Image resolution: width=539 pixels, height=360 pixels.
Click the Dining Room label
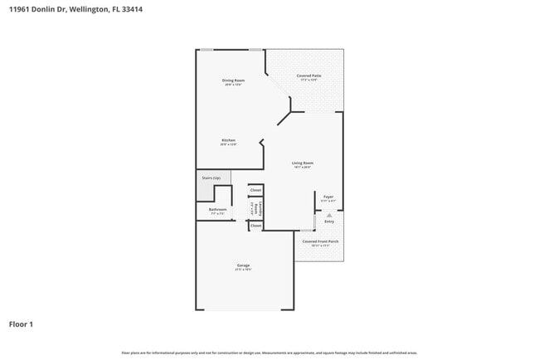233,80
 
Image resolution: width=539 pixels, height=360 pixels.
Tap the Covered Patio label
308,76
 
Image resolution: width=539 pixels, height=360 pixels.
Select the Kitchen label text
229,139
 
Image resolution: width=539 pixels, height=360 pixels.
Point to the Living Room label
302,163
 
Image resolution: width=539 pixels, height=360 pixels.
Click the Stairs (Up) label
211,178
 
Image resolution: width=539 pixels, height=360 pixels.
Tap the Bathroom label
218,210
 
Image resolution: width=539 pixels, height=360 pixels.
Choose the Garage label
243,265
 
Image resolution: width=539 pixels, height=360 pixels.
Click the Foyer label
328,197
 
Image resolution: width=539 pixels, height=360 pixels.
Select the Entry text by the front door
329,221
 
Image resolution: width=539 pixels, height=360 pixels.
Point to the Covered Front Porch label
319,241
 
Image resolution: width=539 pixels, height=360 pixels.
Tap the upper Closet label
255,190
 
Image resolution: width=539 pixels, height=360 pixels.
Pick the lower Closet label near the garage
255,225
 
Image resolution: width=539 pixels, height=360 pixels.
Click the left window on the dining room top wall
206,50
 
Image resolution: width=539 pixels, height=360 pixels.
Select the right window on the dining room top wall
256,50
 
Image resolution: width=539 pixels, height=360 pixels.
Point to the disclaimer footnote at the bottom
269,353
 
